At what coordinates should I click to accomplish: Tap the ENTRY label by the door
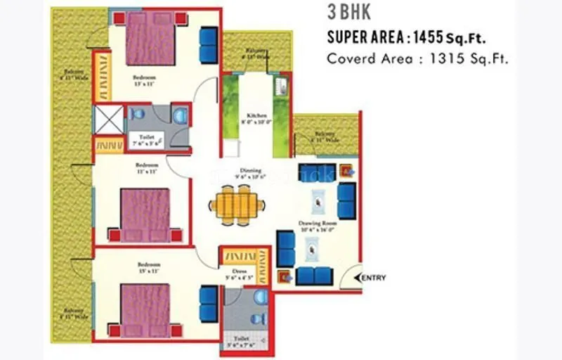click(374, 278)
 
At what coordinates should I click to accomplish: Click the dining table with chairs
click(238, 205)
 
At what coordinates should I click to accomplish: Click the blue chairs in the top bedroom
click(209, 45)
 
